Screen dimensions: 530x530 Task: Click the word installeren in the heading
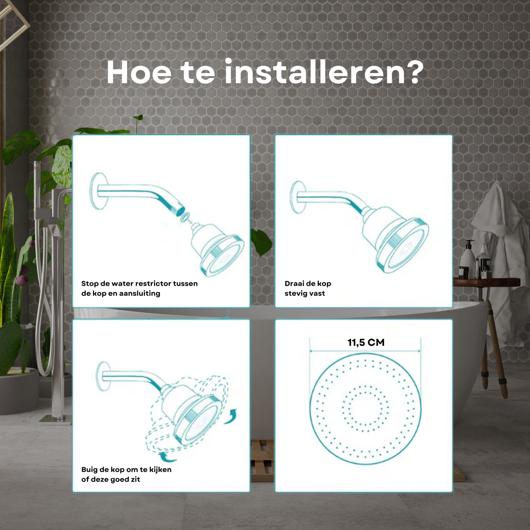click(x=315, y=72)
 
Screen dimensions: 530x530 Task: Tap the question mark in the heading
click(x=414, y=72)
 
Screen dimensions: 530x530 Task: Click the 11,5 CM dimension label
click(x=366, y=343)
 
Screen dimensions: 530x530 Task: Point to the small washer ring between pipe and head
click(x=186, y=217)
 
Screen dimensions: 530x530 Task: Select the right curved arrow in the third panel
click(x=231, y=416)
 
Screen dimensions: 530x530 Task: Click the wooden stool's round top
click(x=486, y=282)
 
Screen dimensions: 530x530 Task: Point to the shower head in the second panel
click(x=395, y=239)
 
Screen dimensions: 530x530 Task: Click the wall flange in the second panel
click(x=298, y=197)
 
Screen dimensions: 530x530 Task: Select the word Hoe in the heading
click(x=139, y=72)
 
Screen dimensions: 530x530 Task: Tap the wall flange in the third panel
click(x=103, y=376)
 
